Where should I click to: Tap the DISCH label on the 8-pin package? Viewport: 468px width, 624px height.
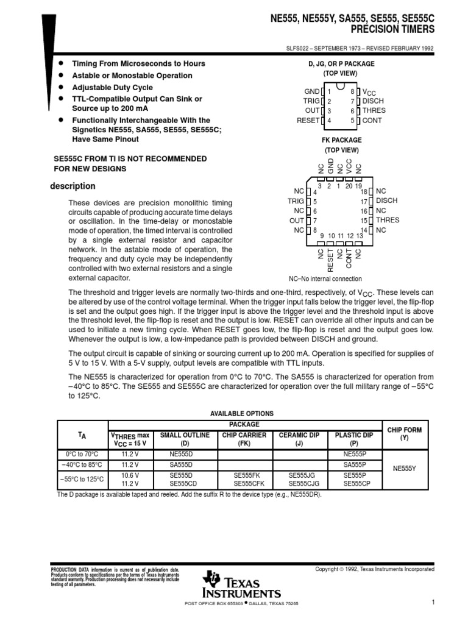[x=374, y=101]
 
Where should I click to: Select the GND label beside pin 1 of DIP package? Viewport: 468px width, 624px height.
[x=311, y=91]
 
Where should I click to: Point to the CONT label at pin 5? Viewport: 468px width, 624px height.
[x=372, y=121]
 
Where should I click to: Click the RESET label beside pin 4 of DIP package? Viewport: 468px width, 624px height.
[x=308, y=121]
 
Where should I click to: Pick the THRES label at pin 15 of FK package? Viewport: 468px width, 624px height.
[x=388, y=221]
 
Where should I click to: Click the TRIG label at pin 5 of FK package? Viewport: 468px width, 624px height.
[x=296, y=201]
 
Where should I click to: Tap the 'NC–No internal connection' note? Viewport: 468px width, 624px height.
[x=333, y=278]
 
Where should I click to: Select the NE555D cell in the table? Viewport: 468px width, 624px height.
[x=181, y=454]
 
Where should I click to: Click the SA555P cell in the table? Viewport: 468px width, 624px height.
[x=355, y=464]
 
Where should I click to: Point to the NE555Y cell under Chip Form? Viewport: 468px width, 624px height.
[x=404, y=469]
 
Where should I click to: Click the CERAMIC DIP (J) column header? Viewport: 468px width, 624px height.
[x=299, y=439]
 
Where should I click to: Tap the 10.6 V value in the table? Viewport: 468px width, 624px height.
[x=130, y=474]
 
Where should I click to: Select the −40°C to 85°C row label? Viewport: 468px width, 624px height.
[x=82, y=464]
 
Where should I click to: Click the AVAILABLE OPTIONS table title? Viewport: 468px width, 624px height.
[x=242, y=413]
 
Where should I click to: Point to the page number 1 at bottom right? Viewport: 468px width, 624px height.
[x=432, y=602]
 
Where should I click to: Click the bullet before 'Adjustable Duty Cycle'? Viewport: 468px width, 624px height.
[x=60, y=87]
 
